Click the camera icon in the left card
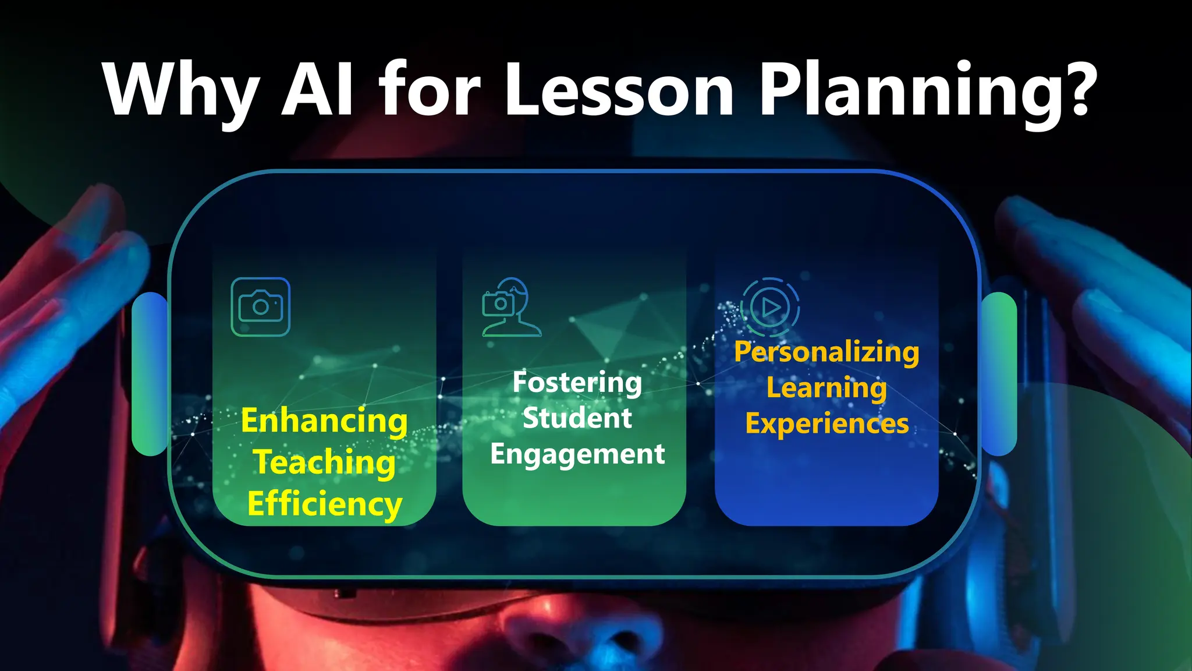[x=261, y=307]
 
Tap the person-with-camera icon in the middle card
[x=511, y=307]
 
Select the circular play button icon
[x=769, y=307]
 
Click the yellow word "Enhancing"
[x=324, y=421]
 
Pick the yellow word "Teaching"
[x=324, y=462]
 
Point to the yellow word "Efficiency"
[x=324, y=504]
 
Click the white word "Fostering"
[x=577, y=383]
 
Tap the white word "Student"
[x=577, y=418]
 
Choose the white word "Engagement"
[x=577, y=454]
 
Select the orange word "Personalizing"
[x=826, y=352]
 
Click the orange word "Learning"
[x=826, y=388]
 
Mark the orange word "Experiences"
[x=826, y=424]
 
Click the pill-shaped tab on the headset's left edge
[x=150, y=373]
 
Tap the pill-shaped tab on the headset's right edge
[x=999, y=373]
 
